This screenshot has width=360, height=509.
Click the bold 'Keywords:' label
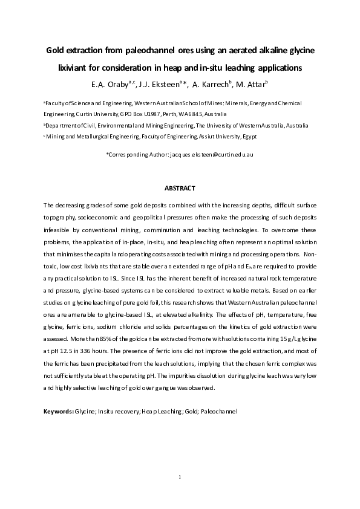58,411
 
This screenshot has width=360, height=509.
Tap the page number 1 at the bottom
180,478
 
